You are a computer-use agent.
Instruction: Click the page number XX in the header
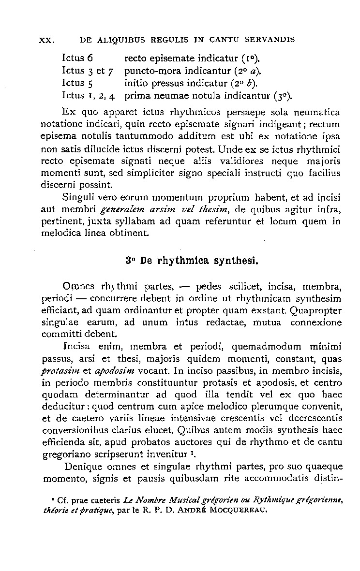click(x=45, y=40)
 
